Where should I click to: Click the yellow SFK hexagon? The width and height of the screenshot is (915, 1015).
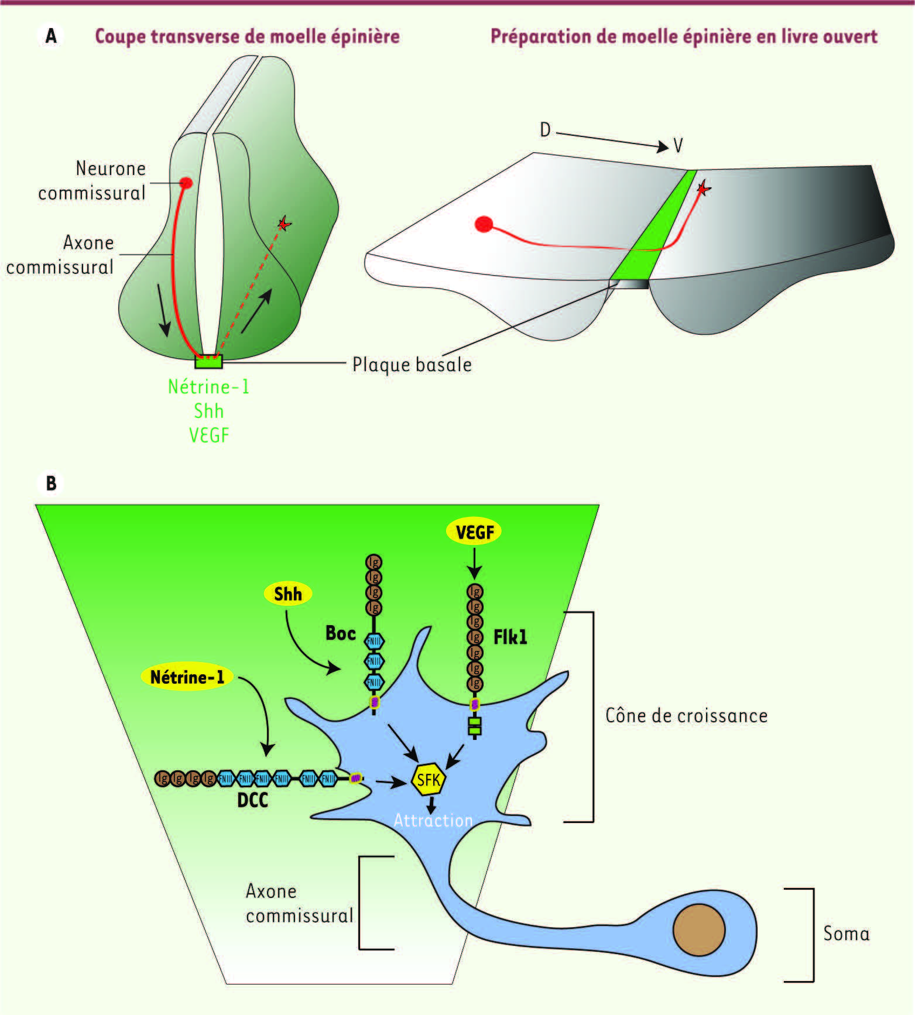pyautogui.click(x=429, y=780)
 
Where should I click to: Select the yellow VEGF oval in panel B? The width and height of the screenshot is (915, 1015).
pyautogui.click(x=474, y=532)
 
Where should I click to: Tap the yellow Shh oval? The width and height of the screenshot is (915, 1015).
pyautogui.click(x=287, y=594)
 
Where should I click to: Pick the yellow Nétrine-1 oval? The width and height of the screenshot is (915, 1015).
pyautogui.click(x=187, y=677)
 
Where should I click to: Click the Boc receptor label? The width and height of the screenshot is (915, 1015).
pyautogui.click(x=341, y=633)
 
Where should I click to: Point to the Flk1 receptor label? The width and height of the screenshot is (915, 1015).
pyautogui.click(x=510, y=637)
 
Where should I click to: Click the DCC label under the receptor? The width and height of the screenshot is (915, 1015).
pyautogui.click(x=252, y=800)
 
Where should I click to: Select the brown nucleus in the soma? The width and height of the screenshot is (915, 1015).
pyautogui.click(x=699, y=930)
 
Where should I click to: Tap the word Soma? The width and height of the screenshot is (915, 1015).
pyautogui.click(x=846, y=934)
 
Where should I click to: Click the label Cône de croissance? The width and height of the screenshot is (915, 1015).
pyautogui.click(x=686, y=716)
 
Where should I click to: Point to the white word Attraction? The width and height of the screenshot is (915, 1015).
pyautogui.click(x=433, y=821)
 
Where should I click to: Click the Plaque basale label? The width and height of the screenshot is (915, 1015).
pyautogui.click(x=412, y=365)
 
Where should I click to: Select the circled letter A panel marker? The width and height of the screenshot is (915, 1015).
pyautogui.click(x=52, y=36)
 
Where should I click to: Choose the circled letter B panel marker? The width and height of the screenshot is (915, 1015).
pyautogui.click(x=52, y=484)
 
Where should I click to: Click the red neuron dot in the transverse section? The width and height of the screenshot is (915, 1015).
pyautogui.click(x=186, y=183)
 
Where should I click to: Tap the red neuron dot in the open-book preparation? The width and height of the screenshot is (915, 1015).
pyautogui.click(x=484, y=224)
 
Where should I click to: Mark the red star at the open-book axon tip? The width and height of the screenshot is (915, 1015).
pyautogui.click(x=703, y=188)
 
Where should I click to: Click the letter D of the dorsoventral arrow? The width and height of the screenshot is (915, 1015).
pyautogui.click(x=545, y=130)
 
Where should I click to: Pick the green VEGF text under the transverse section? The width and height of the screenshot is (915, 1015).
pyautogui.click(x=209, y=436)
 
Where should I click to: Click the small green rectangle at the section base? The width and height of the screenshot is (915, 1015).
pyautogui.click(x=208, y=362)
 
